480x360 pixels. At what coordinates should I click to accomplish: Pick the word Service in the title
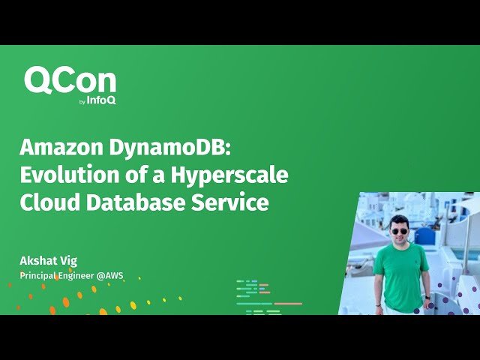[232, 202]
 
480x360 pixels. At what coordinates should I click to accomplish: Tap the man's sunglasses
[399, 230]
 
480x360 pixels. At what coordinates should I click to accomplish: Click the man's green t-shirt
[401, 274]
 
